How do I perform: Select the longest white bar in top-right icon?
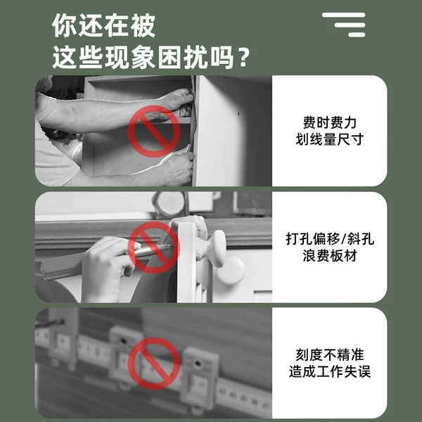coord(343,15)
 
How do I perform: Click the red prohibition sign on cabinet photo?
coord(153,131)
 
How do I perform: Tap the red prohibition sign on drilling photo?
coord(153,248)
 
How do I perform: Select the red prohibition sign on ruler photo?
coord(153,363)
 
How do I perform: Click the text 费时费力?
coord(329,122)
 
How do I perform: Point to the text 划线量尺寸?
coord(329,139)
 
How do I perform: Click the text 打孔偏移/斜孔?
coord(329,238)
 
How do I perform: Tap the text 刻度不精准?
coord(329,354)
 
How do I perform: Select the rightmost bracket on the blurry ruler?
coord(199,373)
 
